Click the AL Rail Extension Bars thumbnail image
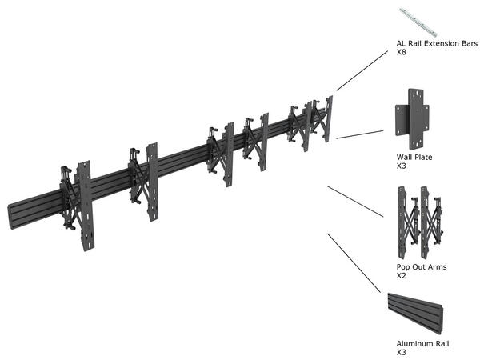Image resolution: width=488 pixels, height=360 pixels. [418, 21]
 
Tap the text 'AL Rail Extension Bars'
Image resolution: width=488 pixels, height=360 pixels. [437, 43]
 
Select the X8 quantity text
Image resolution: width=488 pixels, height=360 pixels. [402, 53]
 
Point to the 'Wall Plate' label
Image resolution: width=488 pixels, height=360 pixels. [414, 158]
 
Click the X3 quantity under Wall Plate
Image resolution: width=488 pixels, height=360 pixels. [402, 166]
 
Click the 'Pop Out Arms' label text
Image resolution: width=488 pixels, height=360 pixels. [422, 267]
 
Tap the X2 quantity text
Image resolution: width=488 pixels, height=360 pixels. [402, 276]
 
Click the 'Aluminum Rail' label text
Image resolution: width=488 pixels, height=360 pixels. [422, 343]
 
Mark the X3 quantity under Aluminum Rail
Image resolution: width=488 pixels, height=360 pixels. [402, 352]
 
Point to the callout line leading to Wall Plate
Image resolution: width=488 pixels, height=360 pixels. [360, 134]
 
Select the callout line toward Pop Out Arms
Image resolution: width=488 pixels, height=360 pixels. [355, 201]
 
